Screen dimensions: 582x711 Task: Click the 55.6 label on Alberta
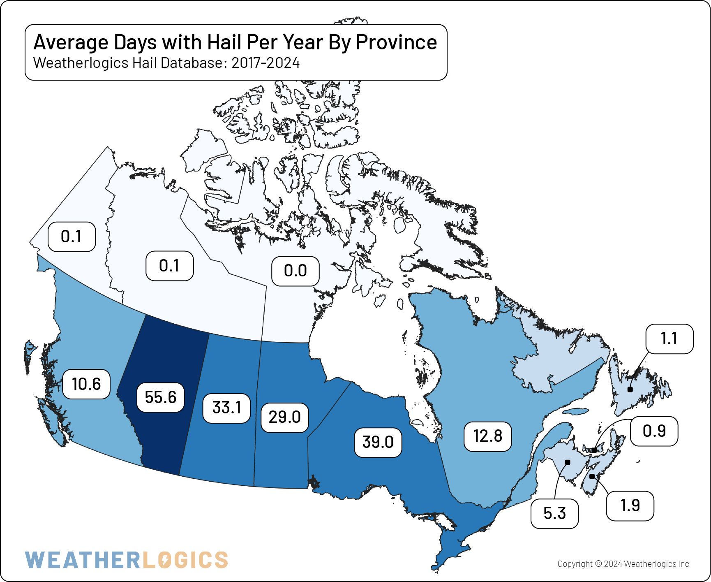coord(160,397)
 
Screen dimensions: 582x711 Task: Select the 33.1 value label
coord(226,408)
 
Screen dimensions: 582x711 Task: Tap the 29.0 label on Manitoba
coord(285,417)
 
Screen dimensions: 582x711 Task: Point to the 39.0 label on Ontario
coord(378,442)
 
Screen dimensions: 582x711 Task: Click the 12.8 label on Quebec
coord(487,436)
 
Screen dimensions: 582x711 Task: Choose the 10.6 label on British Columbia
coord(86,384)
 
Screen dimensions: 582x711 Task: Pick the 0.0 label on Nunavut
coord(295,271)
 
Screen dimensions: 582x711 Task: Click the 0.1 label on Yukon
coord(72,237)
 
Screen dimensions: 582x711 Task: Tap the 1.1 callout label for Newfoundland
coord(669,339)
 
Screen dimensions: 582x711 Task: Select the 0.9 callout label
coord(654,431)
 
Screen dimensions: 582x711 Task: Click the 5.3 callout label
coord(554,513)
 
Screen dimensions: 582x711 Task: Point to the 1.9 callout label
coord(630,505)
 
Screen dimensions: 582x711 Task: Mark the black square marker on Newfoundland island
coord(630,389)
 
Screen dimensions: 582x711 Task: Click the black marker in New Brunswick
coord(568,462)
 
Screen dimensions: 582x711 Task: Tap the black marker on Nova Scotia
coord(592,476)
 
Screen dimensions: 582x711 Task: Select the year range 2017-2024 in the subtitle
coord(265,63)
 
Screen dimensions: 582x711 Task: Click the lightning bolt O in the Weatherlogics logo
coord(164,560)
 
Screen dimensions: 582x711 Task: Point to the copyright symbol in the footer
coord(598,564)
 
